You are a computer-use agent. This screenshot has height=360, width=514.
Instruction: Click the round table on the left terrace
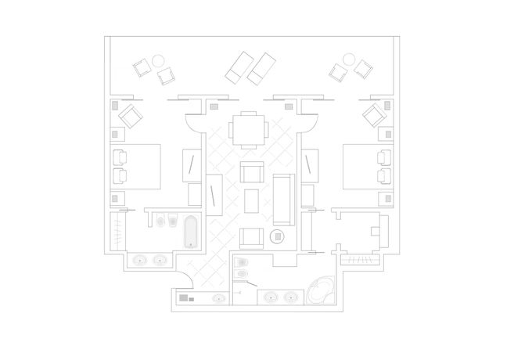pyautogui.click(x=157, y=60)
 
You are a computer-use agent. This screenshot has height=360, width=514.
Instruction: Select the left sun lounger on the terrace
pyautogui.click(x=239, y=66)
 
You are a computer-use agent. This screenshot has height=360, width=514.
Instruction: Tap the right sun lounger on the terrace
pyautogui.click(x=263, y=68)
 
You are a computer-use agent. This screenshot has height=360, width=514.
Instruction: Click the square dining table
pyautogui.click(x=248, y=129)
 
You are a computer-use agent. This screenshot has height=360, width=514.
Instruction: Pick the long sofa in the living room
pyautogui.click(x=284, y=198)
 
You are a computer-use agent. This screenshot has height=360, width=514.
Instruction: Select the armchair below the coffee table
pyautogui.click(x=251, y=236)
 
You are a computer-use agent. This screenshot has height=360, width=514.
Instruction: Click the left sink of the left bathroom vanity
pyautogui.click(x=141, y=259)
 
